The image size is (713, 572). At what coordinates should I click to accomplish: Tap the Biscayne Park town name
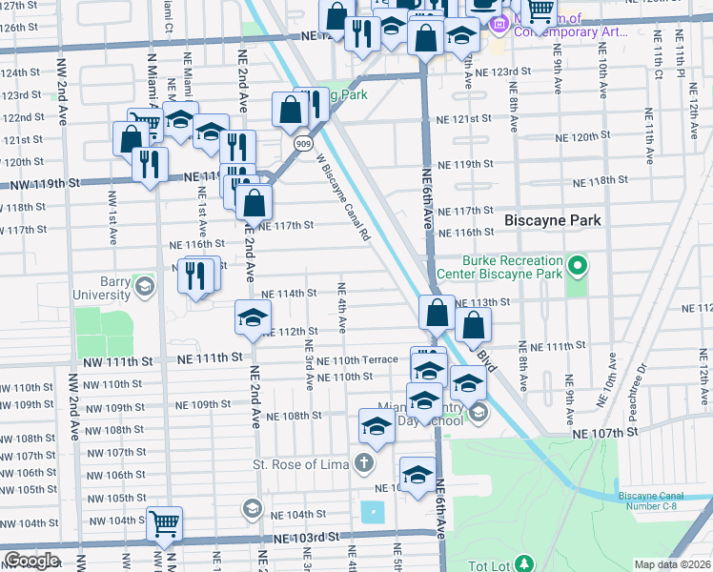pos(553,220)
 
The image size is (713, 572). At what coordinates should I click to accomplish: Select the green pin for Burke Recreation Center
pos(576,263)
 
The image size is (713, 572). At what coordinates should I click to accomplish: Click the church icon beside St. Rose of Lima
pos(363,464)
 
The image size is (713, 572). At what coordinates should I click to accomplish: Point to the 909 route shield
pos(302,144)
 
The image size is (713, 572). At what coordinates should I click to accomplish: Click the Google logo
pos(31,561)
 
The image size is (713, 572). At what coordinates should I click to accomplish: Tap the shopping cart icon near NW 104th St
pos(165,522)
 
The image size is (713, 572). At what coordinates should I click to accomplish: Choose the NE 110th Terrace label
pos(357,360)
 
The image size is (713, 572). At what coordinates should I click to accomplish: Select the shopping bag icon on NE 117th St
pos(255,201)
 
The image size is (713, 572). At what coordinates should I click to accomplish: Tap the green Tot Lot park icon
pos(523,564)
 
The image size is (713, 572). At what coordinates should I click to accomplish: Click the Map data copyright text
pos(672,564)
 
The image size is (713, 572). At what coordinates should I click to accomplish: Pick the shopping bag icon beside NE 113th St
pos(437,312)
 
